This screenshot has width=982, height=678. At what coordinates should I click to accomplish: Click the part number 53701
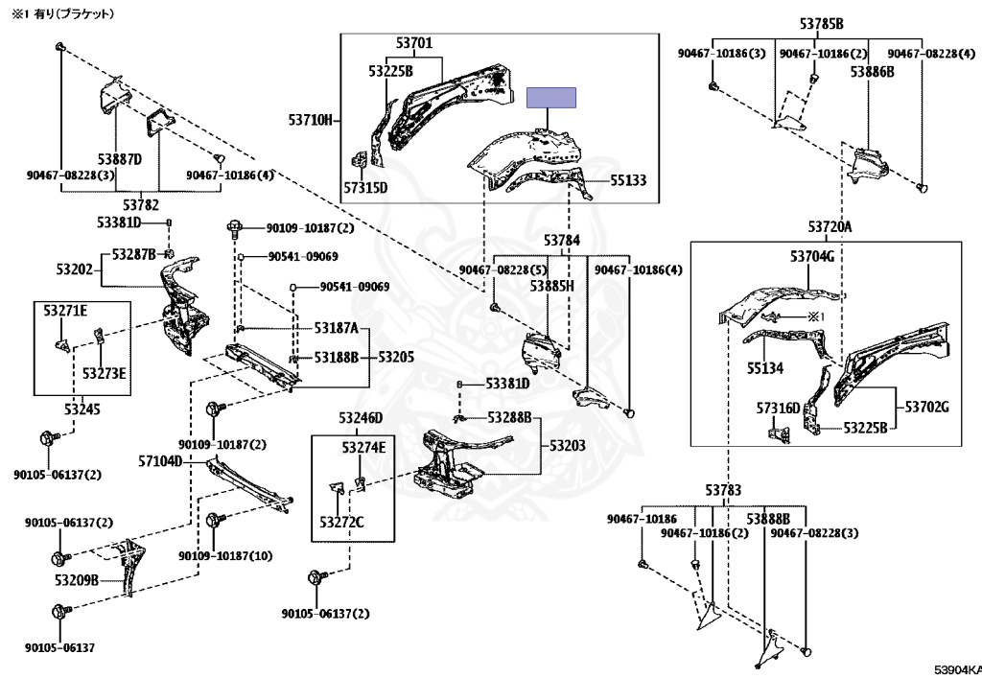coord(414,43)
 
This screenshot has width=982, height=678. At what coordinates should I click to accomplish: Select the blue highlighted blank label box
coord(551,98)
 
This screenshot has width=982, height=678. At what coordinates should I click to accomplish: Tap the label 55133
coord(628,180)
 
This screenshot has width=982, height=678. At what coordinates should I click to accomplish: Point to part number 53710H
coord(311,120)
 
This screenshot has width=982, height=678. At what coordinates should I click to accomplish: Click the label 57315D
coord(365,187)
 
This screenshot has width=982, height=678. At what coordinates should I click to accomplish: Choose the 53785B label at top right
coord(821,24)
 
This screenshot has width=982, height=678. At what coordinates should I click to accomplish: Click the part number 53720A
coord(830,226)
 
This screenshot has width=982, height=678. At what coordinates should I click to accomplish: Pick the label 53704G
coord(812,257)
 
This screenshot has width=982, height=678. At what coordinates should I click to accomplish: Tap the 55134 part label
coord(764,368)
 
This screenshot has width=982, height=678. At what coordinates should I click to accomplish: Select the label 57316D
coord(779,409)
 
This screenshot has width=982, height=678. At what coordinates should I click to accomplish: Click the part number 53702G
coord(927,407)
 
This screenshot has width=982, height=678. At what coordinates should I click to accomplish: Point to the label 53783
coord(723,490)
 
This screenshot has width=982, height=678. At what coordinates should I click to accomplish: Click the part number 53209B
coord(77,580)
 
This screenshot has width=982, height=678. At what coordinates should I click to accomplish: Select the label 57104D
coord(160,461)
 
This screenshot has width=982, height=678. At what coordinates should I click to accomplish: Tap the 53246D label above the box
coord(361,417)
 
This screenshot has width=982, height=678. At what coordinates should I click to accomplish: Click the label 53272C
coord(341,522)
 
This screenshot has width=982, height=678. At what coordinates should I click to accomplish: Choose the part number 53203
coord(568,445)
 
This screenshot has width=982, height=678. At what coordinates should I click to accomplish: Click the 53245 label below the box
coord(82,409)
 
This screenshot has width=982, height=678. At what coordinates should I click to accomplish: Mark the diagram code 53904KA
coord(958,670)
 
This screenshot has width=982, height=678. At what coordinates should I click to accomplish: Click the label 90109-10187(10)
coord(225,556)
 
